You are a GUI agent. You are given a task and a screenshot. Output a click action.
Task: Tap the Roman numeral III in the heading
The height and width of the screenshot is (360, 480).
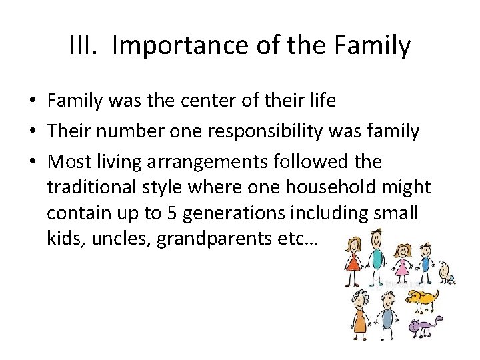point(83,46)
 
